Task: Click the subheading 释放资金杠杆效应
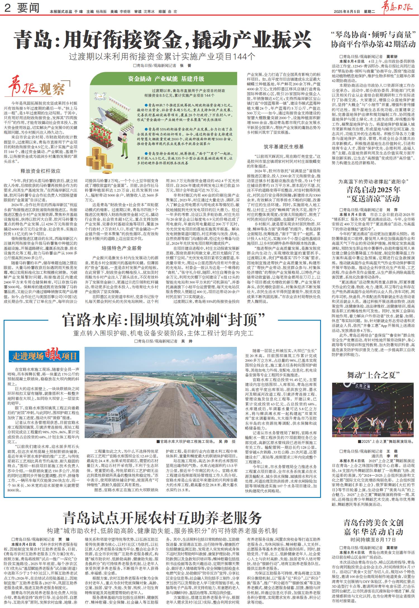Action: (41, 171)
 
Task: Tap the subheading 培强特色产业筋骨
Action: (122, 248)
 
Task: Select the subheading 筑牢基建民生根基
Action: (284, 147)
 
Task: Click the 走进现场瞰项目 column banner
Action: (44, 356)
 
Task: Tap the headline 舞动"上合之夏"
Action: (374, 375)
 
